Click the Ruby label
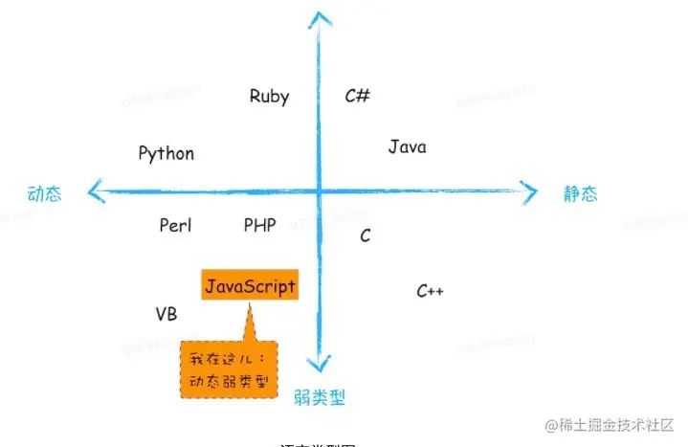(269, 96)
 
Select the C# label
(357, 96)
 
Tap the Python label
(166, 153)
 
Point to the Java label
(407, 146)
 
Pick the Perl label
(175, 225)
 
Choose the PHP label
(259, 225)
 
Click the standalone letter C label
(366, 235)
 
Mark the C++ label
(430, 291)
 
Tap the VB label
(166, 314)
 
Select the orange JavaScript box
(249, 286)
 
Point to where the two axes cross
(318, 191)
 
